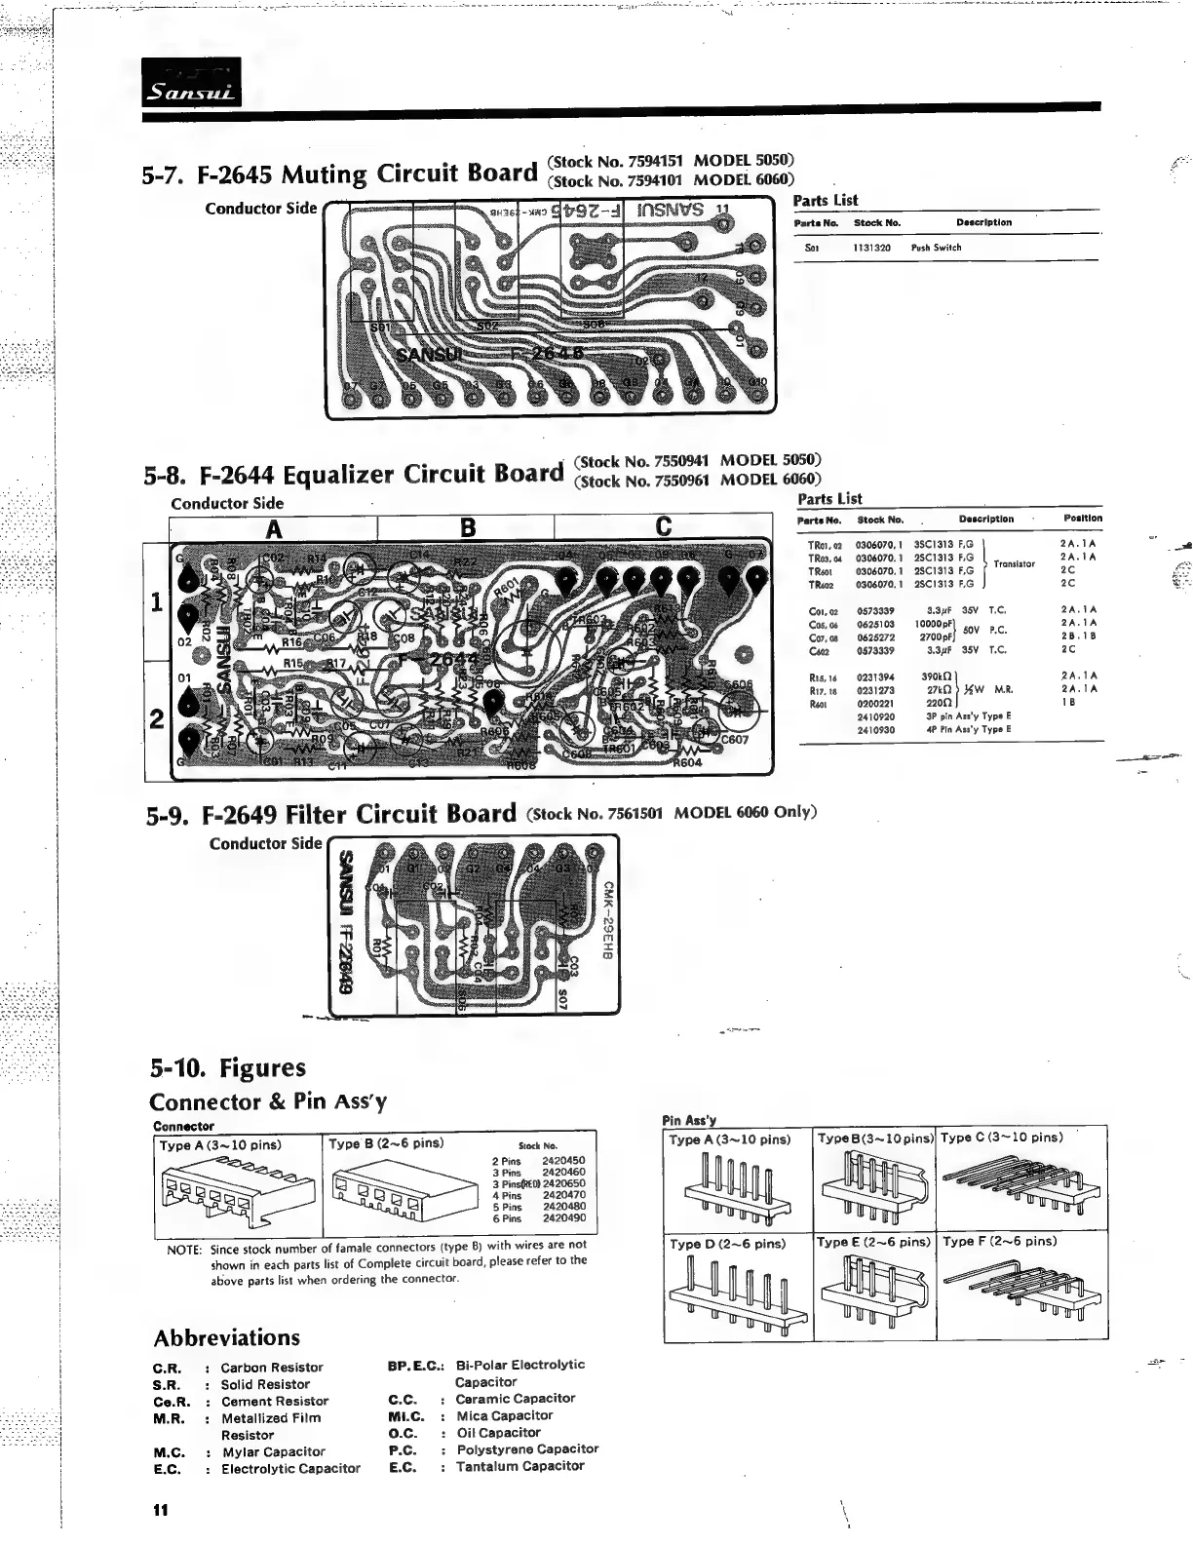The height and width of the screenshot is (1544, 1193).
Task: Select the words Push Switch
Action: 936,248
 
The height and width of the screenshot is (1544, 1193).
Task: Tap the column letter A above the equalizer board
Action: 274,528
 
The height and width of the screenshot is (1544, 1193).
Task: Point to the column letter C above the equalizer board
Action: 664,527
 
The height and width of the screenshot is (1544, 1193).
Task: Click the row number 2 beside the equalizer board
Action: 157,720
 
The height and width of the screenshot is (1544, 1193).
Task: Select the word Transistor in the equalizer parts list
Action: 1014,563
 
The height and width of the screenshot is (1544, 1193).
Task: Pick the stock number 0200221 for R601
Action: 875,702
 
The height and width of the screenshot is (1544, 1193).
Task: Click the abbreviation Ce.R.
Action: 173,1402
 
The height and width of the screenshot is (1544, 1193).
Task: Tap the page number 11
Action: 160,1510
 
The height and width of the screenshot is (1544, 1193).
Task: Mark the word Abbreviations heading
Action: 227,1337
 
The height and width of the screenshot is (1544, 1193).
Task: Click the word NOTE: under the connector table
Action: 183,1250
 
